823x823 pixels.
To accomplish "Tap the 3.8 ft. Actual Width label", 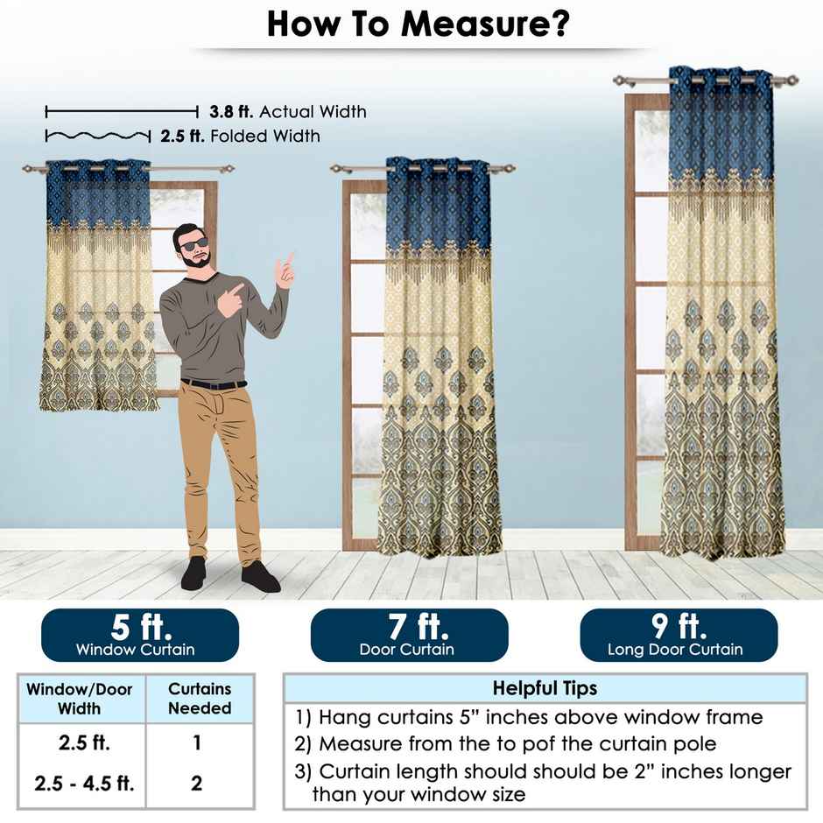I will pyautogui.click(x=287, y=112).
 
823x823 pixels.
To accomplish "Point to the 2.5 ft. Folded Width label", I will pyautogui.click(x=240, y=137).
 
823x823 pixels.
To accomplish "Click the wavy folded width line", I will pyautogui.click(x=97, y=136).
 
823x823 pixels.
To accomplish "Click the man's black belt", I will pyautogui.click(x=214, y=383).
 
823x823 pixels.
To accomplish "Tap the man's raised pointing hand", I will pyautogui.click(x=285, y=268).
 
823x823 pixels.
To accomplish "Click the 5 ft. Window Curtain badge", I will pyautogui.click(x=140, y=636).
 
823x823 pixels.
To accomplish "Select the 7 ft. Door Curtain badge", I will pyautogui.click(x=409, y=636).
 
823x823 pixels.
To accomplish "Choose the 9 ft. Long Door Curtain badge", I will pyautogui.click(x=678, y=636).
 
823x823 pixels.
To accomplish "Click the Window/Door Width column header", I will pyautogui.click(x=80, y=699).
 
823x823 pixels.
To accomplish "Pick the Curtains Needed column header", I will pyautogui.click(x=199, y=699).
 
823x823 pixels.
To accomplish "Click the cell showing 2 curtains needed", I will pyautogui.click(x=197, y=782).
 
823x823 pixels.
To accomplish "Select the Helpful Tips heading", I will pyautogui.click(x=545, y=688).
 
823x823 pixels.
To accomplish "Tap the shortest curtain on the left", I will pyautogui.click(x=98, y=289).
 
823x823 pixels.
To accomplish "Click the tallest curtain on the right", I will pyautogui.click(x=721, y=315).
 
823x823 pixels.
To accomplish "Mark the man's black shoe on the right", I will pyautogui.click(x=260, y=577).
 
